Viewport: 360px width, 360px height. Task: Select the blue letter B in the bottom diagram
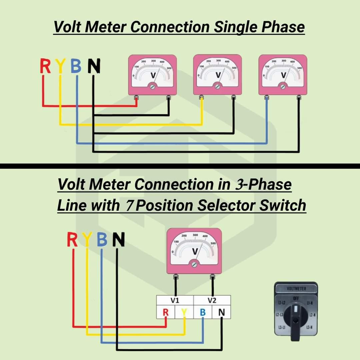coord(102,240)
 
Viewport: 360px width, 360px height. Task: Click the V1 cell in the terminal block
coord(175,301)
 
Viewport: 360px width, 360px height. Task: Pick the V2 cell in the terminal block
coord(212,301)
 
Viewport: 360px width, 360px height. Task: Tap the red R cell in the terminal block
coord(166,313)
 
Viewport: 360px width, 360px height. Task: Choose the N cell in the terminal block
coord(222,313)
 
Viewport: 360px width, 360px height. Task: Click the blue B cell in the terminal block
coord(203,313)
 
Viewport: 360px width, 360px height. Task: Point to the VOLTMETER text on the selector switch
coord(296,288)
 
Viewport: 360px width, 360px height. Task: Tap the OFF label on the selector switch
coord(296,297)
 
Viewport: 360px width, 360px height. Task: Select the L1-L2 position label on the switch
coord(281,303)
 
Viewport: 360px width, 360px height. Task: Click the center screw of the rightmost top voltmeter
coord(283,87)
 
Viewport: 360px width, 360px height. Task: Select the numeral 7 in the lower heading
coord(127,206)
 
